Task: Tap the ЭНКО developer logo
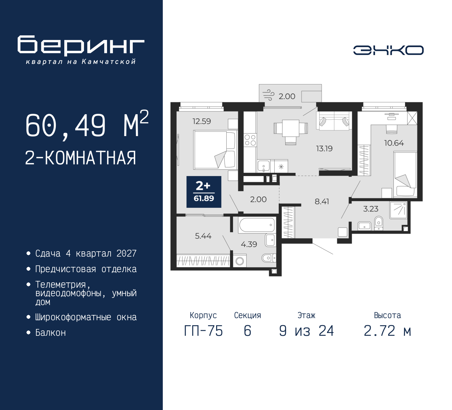(388, 50)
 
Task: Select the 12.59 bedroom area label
(202, 121)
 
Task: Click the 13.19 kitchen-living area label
(324, 148)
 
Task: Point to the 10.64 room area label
(394, 143)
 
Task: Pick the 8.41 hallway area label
(322, 201)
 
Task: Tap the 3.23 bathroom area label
(371, 209)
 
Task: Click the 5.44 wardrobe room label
(203, 236)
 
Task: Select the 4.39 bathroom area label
(249, 244)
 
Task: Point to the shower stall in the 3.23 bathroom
(398, 210)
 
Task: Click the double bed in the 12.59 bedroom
(215, 150)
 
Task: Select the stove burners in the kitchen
(250, 140)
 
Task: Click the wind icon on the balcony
(268, 95)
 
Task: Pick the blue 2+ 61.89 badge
(204, 192)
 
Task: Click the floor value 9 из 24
(306, 331)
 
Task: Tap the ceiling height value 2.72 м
(387, 331)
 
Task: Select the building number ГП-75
(203, 331)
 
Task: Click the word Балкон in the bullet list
(50, 333)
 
